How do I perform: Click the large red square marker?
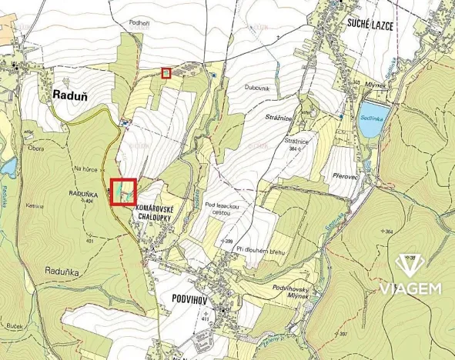[123, 192]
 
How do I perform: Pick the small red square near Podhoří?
[166, 73]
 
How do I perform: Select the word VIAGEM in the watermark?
[409, 289]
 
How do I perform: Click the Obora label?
[35, 148]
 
